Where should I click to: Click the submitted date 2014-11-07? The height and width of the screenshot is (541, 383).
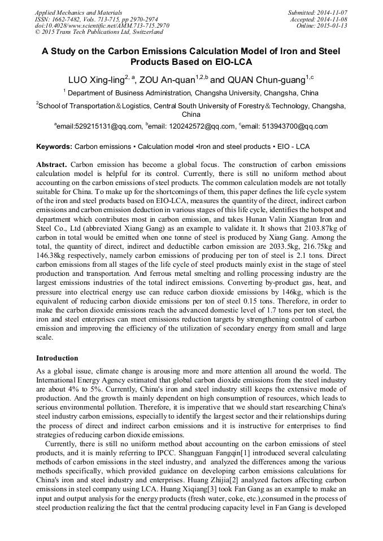[333, 12]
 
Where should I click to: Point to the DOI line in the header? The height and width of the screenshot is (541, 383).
[102, 25]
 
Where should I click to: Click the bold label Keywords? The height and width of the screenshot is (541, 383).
[54, 147]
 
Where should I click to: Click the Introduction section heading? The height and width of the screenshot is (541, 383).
[57, 358]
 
